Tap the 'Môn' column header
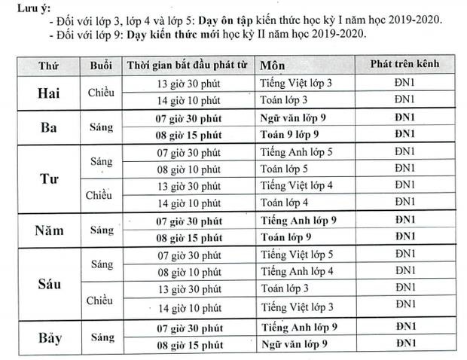[270, 65]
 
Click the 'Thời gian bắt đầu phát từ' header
[188, 65]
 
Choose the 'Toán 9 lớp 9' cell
[292, 134]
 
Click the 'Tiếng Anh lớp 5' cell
[297, 151]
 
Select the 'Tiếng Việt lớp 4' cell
[297, 185]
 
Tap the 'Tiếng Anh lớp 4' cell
[297, 271]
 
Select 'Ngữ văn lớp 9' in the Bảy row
[295, 344]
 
